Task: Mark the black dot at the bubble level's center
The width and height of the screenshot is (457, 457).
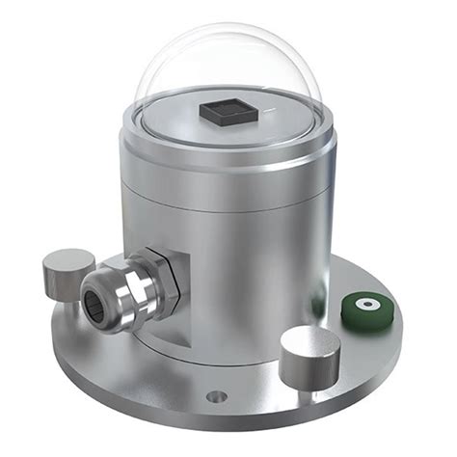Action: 367,306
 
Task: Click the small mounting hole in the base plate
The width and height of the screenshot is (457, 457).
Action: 219,395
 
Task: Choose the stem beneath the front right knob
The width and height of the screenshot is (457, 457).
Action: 307,381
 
